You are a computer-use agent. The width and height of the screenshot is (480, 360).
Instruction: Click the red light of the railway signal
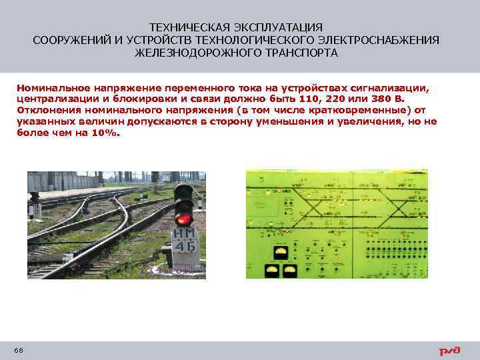pos(182,218)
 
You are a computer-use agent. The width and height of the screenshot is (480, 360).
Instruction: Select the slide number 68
pos(18,351)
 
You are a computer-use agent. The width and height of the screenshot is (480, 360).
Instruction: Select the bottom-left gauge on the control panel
pos(273,269)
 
